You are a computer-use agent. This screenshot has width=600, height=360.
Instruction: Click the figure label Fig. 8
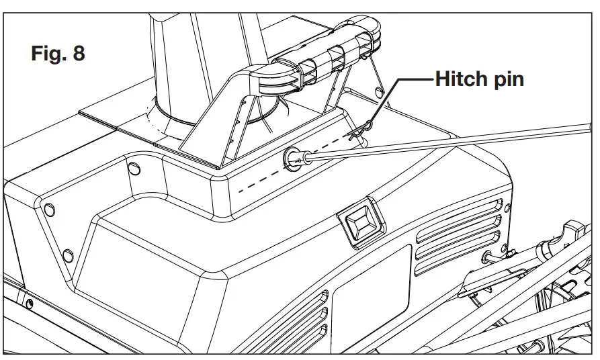tap(58, 54)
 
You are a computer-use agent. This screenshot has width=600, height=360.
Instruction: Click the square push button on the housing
tap(359, 219)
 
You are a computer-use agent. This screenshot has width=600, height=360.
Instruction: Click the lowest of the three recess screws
tap(67, 255)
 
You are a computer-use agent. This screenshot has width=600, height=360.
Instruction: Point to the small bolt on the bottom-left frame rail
tap(29, 303)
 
